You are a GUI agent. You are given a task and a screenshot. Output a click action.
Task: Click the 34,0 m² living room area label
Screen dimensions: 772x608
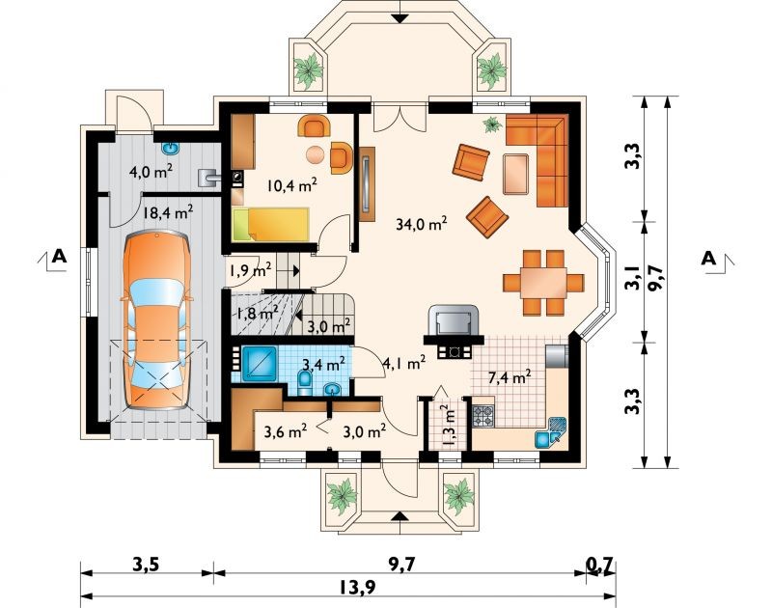point(422,224)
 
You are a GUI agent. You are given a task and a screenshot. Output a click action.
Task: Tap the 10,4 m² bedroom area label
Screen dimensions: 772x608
point(291,185)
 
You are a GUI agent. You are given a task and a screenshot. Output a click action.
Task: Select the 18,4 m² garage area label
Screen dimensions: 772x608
point(167,212)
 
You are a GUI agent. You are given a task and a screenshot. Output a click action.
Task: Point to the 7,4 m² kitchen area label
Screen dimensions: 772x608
point(510,377)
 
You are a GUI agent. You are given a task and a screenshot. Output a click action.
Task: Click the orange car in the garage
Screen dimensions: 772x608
point(156,319)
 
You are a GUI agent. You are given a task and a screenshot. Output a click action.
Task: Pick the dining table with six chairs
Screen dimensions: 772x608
point(543,283)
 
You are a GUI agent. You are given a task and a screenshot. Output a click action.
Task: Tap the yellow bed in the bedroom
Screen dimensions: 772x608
point(270,225)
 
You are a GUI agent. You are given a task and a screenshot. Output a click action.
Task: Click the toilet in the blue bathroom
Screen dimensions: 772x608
point(305,382)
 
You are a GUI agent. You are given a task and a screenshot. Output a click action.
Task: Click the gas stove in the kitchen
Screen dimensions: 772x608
point(483,416)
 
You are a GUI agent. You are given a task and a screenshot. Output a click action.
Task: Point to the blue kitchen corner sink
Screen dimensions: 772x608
point(551,432)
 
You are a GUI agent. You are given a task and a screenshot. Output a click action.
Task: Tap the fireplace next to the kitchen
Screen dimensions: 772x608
point(454,331)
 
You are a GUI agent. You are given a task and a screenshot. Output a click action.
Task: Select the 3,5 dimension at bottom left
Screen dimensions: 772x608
point(147,565)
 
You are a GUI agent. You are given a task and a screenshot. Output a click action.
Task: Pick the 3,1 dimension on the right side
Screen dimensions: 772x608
point(633,277)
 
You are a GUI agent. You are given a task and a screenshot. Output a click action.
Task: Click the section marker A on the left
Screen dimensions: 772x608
point(59,256)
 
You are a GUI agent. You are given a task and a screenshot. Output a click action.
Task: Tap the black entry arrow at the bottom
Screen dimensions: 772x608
point(401,516)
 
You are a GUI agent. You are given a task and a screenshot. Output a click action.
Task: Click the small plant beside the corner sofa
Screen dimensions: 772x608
point(492,124)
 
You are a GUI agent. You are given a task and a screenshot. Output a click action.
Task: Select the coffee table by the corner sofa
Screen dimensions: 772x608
point(516,174)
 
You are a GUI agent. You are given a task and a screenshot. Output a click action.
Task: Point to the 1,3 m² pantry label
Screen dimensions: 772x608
point(449,426)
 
